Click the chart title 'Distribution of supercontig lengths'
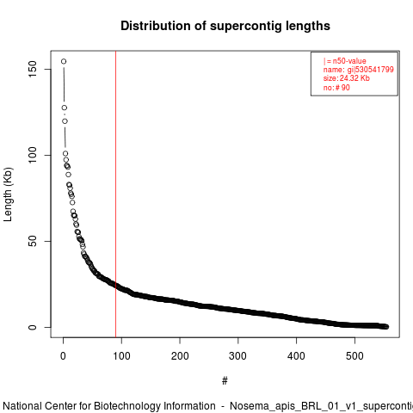pos(225,26)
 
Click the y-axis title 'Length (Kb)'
pos(8,194)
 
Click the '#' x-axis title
pos(225,381)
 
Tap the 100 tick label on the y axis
pos(33,155)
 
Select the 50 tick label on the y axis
pos(33,241)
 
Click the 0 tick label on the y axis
pos(33,327)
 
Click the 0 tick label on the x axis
pos(63,356)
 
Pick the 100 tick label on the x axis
pos(121,356)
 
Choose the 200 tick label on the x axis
pos(180,356)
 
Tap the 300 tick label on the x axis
pos(238,356)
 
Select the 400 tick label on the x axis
pos(296,356)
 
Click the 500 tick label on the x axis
pos(354,356)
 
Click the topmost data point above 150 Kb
pos(64,61)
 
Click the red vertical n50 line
pos(115,194)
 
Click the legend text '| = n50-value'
pos(345,61)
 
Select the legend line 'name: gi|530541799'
pos(359,70)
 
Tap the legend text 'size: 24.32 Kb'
pos(347,78)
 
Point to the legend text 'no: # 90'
pos(336,88)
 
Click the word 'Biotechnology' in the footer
pos(155,406)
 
